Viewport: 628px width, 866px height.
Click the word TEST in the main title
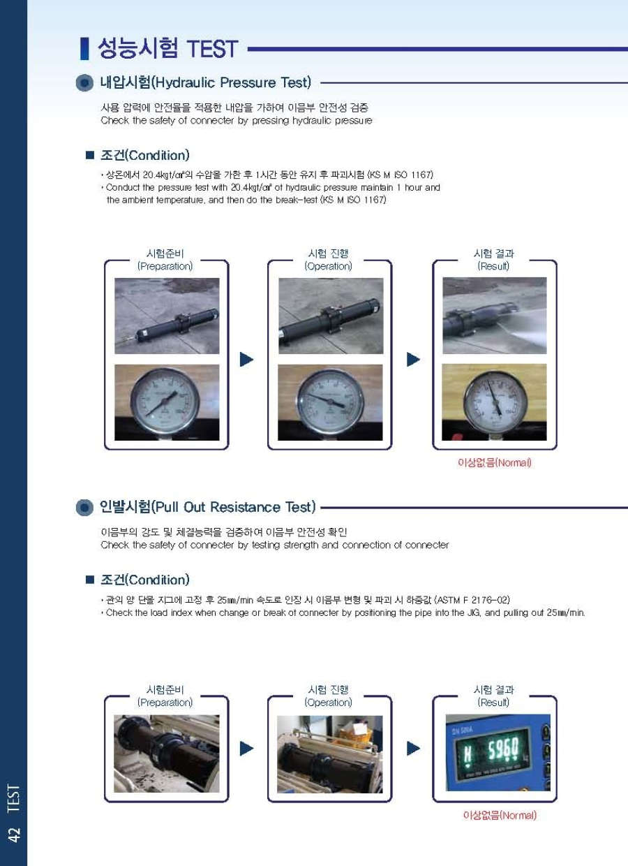tap(212, 49)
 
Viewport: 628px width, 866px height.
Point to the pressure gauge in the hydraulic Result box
tap(495, 404)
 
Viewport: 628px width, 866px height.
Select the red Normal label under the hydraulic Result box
tap(494, 463)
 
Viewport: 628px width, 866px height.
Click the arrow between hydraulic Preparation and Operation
tap(246, 360)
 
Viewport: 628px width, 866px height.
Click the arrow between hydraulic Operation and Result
tap(413, 360)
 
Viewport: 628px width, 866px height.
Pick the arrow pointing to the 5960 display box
tap(413, 749)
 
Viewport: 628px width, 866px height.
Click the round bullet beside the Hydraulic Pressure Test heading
tap(84, 82)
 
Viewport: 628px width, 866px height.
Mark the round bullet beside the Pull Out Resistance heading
tap(84, 507)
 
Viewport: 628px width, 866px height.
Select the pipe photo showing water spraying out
tap(494, 316)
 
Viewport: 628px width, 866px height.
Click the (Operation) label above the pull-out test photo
tap(328, 702)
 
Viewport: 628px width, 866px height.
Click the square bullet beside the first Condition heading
tap(90, 155)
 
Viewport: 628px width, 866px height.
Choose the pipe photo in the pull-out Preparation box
tap(167, 754)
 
